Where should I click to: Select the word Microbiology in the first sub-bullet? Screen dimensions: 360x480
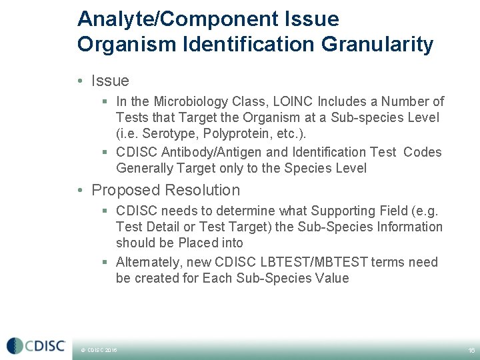[191, 102]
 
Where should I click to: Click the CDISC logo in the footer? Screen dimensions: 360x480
[36, 346]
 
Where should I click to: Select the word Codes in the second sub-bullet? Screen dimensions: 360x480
[423, 152]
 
